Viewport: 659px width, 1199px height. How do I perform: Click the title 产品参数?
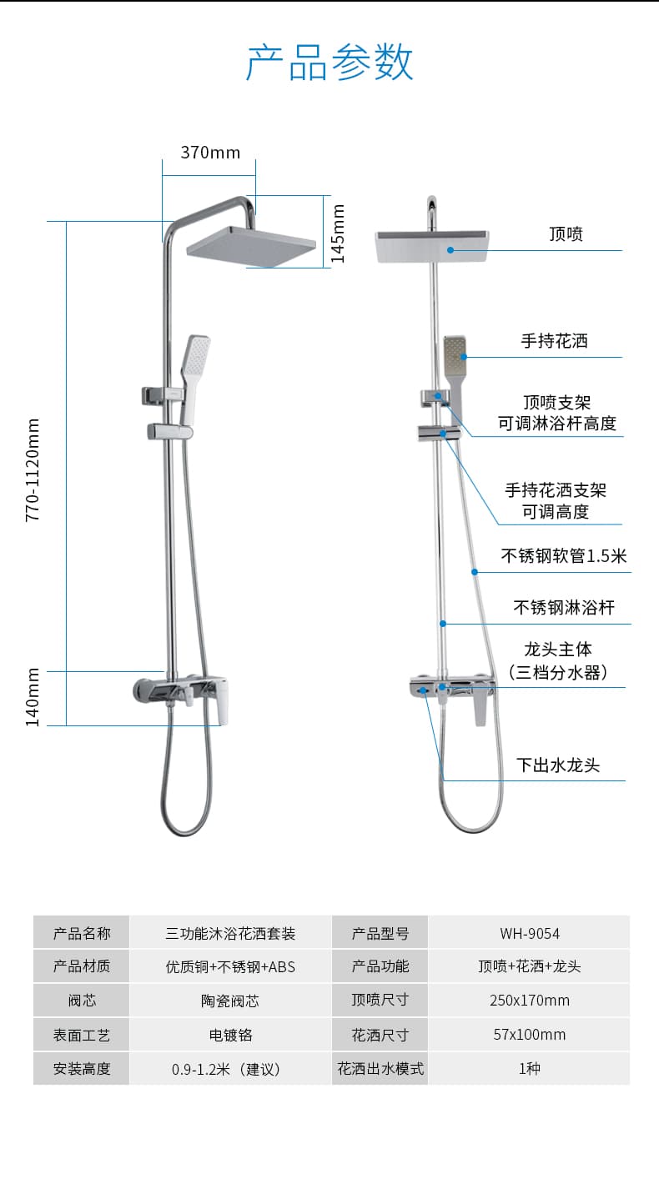pos(329,62)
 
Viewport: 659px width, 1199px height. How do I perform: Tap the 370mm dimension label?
pos(210,153)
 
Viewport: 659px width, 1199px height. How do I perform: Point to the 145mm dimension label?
pos(337,233)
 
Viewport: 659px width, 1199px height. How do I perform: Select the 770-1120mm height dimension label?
pos(33,469)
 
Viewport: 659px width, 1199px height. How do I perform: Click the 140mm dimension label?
pos(33,697)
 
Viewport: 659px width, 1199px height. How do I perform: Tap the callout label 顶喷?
pos(566,234)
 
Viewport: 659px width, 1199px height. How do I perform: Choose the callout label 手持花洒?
pos(555,341)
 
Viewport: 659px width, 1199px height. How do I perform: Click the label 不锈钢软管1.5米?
pos(564,556)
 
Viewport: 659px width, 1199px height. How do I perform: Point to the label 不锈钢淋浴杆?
pos(564,608)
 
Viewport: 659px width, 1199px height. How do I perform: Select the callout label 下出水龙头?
pos(558,765)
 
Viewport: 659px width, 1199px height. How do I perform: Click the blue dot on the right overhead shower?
pos(450,250)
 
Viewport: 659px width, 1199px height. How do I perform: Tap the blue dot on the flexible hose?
pos(475,572)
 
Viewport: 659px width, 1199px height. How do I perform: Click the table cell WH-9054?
pos(530,934)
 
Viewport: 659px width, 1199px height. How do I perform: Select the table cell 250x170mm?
pos(530,1000)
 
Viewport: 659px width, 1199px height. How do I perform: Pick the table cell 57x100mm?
pos(530,1034)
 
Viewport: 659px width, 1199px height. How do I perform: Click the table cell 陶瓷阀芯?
pos(230,1001)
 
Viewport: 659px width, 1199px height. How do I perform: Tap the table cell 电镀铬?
pos(230,1035)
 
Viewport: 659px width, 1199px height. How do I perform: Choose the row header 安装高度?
pos(82,1069)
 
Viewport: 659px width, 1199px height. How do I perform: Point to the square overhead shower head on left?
pos(251,247)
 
